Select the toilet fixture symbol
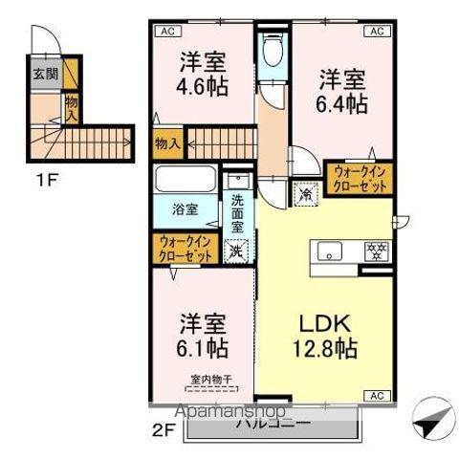pyautogui.click(x=271, y=51)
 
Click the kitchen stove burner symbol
pyautogui.click(x=377, y=252)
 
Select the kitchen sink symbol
pyautogui.click(x=330, y=252)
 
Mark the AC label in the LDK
pyautogui.click(x=376, y=395)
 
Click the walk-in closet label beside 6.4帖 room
pyautogui.click(x=361, y=179)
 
